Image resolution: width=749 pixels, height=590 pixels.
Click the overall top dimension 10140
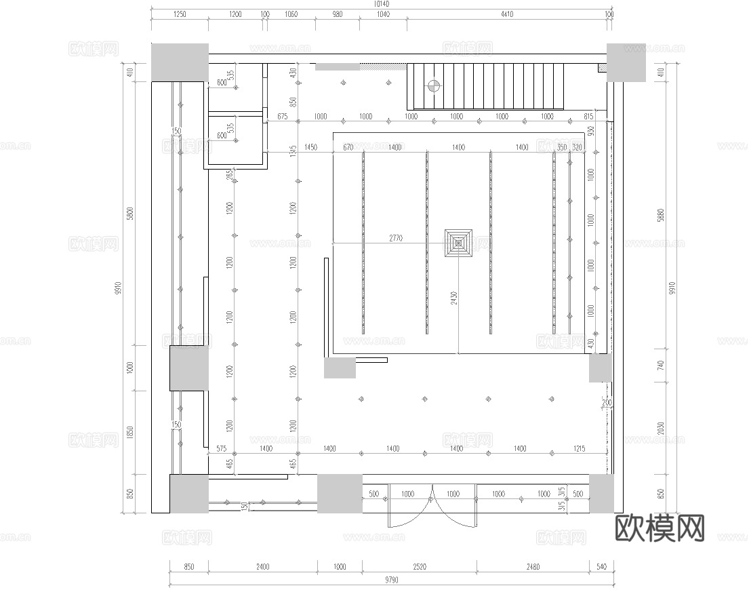pos(382,4)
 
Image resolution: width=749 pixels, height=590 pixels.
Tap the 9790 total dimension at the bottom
pos(391,579)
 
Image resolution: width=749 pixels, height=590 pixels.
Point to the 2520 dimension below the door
pos(420,567)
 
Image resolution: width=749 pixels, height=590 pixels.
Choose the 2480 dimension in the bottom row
pos(533,567)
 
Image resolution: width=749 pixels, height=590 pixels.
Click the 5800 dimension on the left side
pos(130,213)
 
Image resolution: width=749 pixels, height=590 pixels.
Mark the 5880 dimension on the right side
pos(662,216)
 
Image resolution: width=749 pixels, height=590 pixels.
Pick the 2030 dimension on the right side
pos(662,429)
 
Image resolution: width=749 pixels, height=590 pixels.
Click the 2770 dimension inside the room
pos(396,238)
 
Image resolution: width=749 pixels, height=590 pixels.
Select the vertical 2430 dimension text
pos(454,298)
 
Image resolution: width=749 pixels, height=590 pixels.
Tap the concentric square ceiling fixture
pos(459,243)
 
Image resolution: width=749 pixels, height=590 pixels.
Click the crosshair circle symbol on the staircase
pos(433,86)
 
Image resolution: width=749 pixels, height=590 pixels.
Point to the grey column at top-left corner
pos(180,62)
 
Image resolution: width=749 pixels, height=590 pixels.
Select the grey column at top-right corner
pos(626,62)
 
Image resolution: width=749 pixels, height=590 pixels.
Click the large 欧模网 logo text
pos(660,528)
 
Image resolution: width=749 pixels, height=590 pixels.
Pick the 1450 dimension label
pos(311,147)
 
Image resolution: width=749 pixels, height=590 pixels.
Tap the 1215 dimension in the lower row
pos(579,448)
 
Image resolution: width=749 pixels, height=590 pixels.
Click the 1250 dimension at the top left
pos(180,14)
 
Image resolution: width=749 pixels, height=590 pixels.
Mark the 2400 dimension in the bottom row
pos(262,567)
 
